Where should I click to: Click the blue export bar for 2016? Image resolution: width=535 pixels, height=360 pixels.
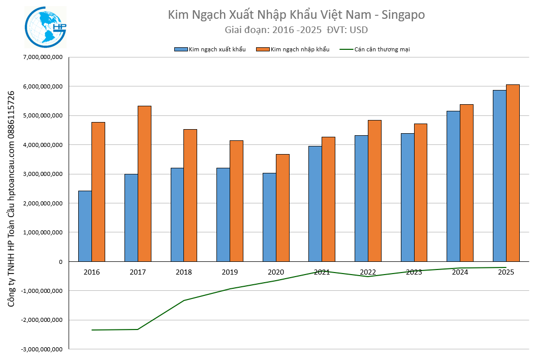click(85, 226)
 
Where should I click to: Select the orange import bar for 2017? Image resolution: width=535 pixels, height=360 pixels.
click(144, 184)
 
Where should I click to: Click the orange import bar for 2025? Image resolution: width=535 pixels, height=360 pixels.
click(513, 173)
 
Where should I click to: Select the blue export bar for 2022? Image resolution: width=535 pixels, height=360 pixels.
click(361, 198)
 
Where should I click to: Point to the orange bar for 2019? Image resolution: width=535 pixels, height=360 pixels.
click(236, 201)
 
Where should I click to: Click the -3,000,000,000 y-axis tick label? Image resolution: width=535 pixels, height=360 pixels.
click(42, 349)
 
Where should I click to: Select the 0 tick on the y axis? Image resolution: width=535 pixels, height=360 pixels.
click(60, 262)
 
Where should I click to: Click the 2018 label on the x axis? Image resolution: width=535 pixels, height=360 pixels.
click(184, 272)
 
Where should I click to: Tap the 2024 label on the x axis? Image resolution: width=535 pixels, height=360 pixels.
click(460, 272)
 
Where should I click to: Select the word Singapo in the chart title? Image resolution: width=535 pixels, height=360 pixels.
click(401, 15)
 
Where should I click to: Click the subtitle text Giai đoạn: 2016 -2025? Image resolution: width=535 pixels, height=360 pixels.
click(273, 30)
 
